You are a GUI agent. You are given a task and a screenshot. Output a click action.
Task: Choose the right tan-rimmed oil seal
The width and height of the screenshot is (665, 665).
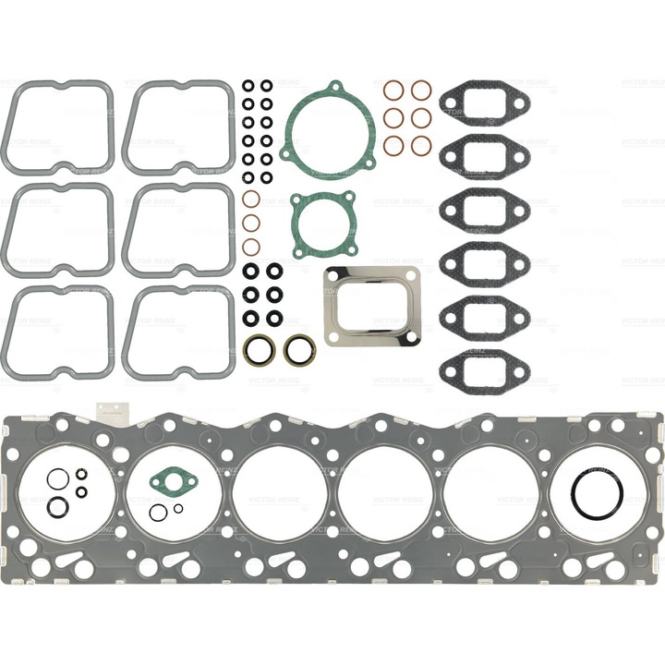(298, 349)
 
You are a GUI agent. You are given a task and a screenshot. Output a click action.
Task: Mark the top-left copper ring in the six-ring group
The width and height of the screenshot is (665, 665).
(393, 90)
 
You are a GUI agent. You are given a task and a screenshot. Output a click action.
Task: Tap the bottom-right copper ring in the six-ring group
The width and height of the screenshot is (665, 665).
(421, 145)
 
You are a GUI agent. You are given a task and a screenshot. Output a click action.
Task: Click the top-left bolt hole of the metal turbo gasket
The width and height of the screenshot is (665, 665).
(331, 275)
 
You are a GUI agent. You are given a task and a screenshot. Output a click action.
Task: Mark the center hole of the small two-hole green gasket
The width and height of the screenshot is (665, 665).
(170, 480)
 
